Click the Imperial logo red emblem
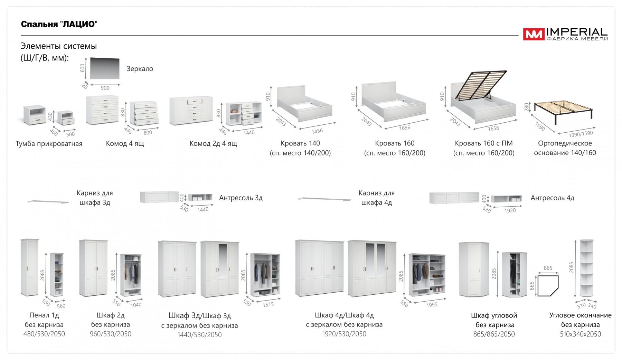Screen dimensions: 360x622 click(534, 34)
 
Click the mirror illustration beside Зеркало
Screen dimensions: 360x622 click(105, 68)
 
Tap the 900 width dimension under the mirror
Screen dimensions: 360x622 click(105, 88)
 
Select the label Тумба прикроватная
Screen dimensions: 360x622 click(49, 144)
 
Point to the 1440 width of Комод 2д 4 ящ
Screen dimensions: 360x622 click(249, 133)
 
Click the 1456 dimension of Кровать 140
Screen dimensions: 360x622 click(317, 131)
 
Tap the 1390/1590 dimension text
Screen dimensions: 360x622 click(581, 134)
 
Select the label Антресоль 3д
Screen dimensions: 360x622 click(241, 198)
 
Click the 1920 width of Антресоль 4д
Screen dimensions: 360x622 click(510, 210)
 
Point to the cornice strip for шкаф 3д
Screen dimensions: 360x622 click(48, 202)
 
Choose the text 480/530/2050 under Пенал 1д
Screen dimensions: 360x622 click(44, 334)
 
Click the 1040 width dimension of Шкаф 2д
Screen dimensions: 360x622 click(136, 305)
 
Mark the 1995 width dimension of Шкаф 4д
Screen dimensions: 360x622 click(432, 305)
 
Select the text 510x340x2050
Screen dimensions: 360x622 click(581, 334)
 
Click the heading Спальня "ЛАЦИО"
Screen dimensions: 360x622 click(59, 24)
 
